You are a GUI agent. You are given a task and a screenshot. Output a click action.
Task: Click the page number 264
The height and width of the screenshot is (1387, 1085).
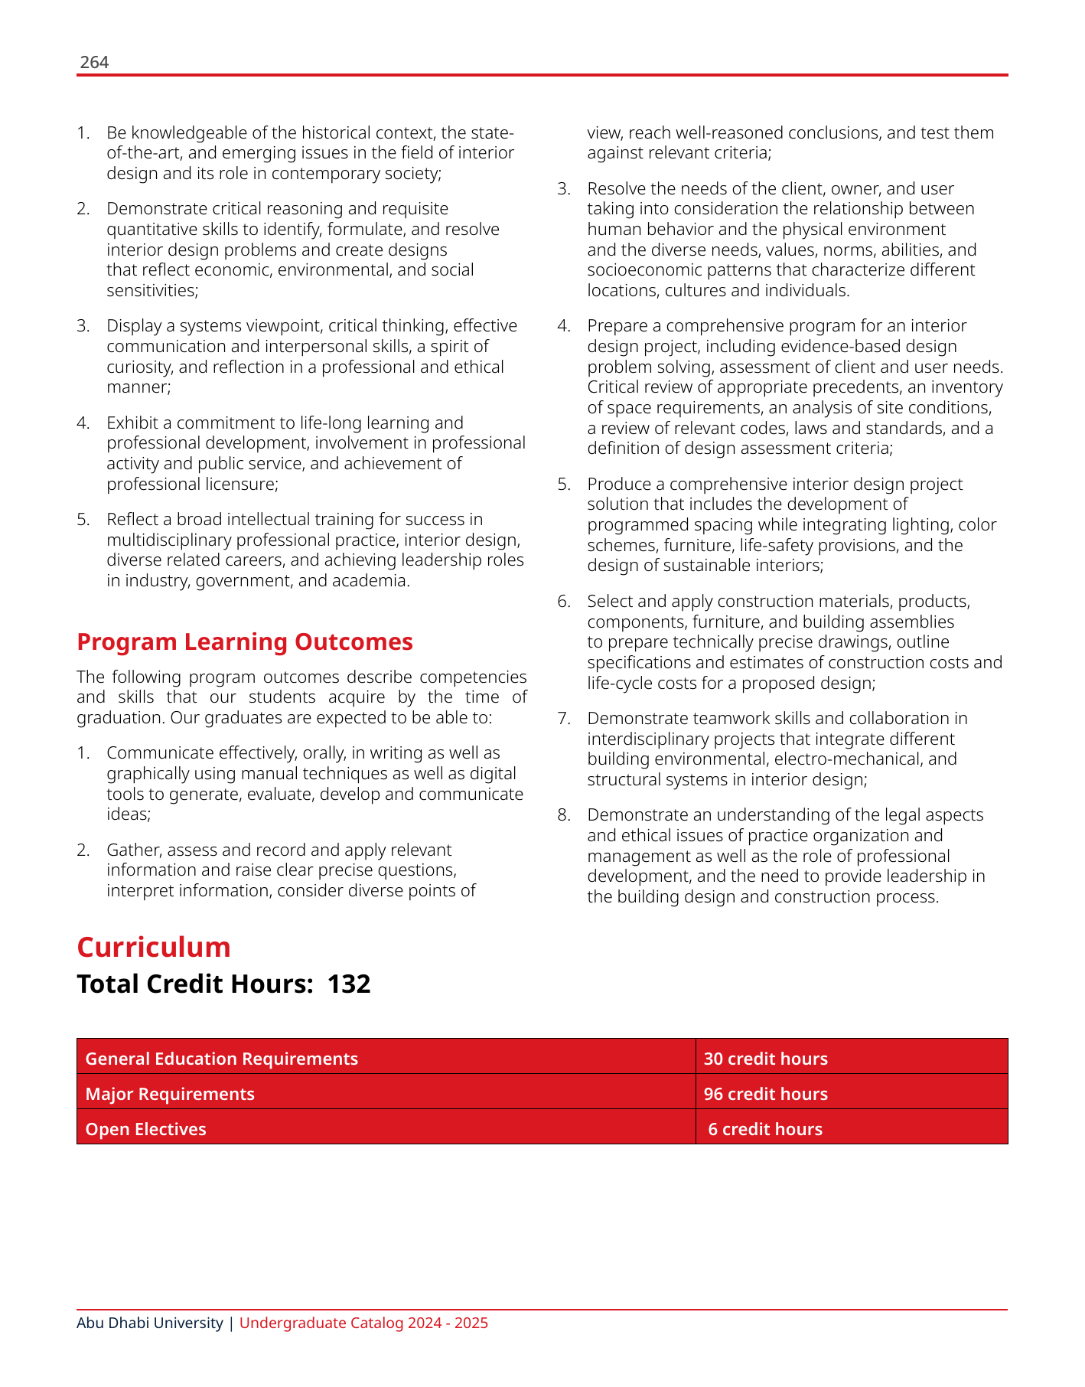pyautogui.click(x=94, y=63)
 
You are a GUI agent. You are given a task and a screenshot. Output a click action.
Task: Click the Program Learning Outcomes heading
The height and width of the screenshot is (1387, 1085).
pyautogui.click(x=245, y=641)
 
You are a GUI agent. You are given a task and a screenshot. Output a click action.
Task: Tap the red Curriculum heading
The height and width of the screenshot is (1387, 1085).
pyautogui.click(x=154, y=948)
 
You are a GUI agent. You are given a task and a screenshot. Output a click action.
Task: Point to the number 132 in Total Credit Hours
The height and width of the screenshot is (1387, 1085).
pyautogui.click(x=349, y=984)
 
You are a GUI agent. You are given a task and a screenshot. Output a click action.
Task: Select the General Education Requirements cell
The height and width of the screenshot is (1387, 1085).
pyautogui.click(x=221, y=1059)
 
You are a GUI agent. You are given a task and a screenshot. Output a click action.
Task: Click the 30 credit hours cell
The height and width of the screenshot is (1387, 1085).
pyautogui.click(x=765, y=1059)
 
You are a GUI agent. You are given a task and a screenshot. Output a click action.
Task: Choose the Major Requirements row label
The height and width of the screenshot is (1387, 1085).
pyautogui.click(x=170, y=1094)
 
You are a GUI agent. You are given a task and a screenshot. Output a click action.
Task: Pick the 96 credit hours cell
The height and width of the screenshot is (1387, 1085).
pyautogui.click(x=765, y=1094)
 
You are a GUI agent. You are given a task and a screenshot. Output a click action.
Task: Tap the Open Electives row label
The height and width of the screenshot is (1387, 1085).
pyautogui.click(x=145, y=1129)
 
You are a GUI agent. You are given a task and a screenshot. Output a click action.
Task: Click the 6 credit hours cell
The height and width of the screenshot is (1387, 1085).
pyautogui.click(x=765, y=1129)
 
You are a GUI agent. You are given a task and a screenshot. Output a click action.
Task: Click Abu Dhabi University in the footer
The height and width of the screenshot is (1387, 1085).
pyautogui.click(x=150, y=1323)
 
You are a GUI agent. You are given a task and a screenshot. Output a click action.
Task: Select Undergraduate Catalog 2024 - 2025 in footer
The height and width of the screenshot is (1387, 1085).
pyautogui.click(x=363, y=1323)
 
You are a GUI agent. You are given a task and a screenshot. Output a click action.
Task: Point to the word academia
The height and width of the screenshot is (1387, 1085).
pyautogui.click(x=370, y=580)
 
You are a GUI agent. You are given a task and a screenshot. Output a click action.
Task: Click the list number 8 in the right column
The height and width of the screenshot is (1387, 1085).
pyautogui.click(x=564, y=815)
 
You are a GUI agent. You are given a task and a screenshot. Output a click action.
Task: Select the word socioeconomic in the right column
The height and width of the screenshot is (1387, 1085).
pyautogui.click(x=640, y=270)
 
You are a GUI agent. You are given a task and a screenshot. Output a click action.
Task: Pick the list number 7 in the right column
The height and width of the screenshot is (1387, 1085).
pyautogui.click(x=564, y=719)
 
